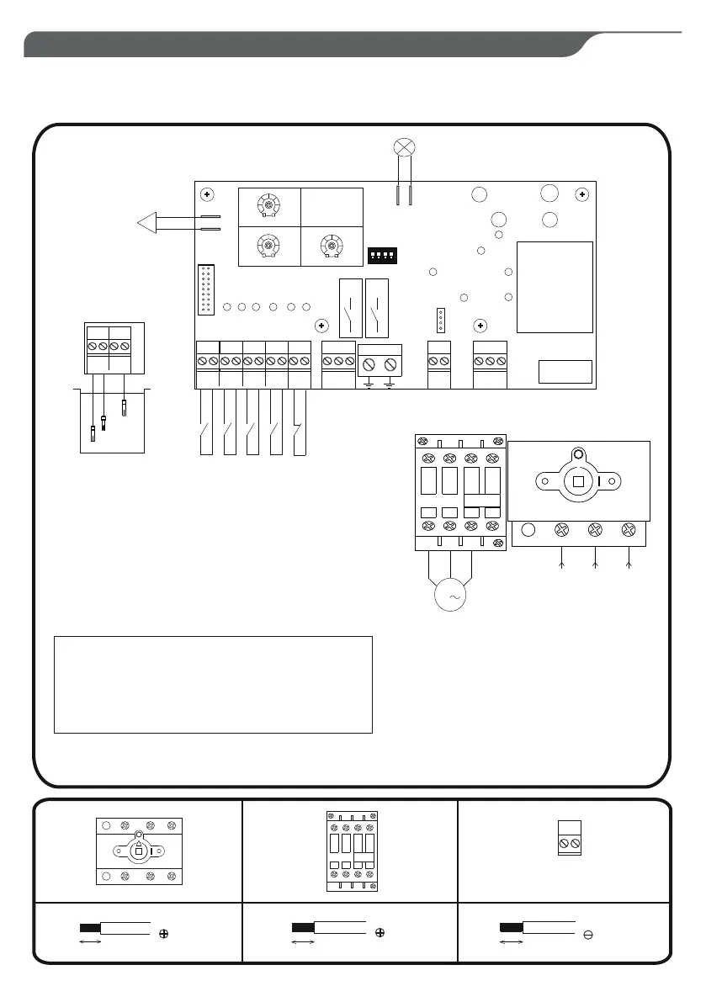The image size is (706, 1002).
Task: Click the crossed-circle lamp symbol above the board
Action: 404,148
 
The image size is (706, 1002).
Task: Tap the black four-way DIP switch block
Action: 383,254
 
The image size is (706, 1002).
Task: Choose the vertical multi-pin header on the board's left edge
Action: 205,289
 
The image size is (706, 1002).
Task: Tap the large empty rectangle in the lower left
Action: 212,684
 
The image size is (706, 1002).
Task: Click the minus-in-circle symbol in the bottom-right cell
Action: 587,934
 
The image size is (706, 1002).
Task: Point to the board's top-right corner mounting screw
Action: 581,194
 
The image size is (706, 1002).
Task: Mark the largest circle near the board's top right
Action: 549,193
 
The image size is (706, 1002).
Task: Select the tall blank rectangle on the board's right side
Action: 554,287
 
